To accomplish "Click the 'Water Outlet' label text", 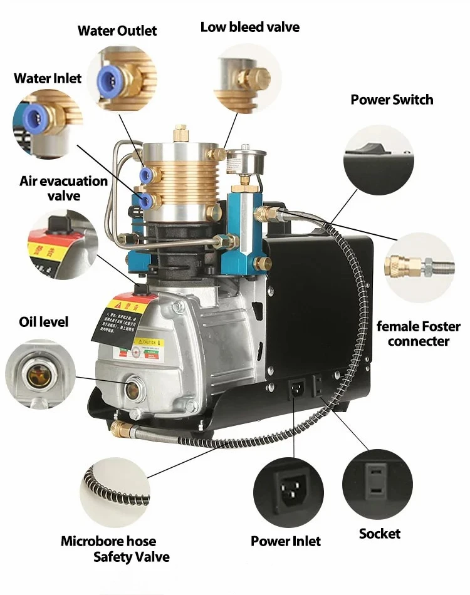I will [x=117, y=31].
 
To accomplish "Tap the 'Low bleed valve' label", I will [x=249, y=27].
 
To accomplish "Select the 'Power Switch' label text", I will [x=392, y=100].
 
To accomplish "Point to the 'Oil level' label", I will [x=43, y=322].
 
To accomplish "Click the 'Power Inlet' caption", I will [x=286, y=541].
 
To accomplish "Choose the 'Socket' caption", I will [x=380, y=534].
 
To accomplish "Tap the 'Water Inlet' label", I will [x=48, y=78].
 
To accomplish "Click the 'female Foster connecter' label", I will [x=418, y=334].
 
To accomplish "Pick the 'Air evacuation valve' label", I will [x=64, y=189].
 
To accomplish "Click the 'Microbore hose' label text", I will [x=108, y=541].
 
